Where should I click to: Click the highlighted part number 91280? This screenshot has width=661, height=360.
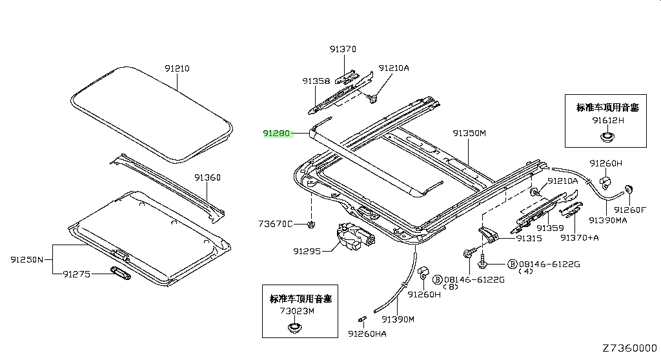click(276, 133)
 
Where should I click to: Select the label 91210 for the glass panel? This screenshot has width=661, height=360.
click(177, 68)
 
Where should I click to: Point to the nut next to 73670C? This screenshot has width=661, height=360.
click(311, 225)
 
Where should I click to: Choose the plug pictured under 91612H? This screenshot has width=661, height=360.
click(607, 137)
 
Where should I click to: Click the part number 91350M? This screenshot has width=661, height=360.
click(469, 133)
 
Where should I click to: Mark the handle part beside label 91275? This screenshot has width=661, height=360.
click(121, 272)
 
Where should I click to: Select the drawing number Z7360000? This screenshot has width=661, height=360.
click(629, 348)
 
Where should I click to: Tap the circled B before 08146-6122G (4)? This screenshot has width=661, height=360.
click(512, 265)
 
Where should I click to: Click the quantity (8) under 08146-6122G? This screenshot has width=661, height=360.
click(451, 287)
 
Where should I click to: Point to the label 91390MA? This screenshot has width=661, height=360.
click(608, 220)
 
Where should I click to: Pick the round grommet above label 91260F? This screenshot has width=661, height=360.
click(629, 189)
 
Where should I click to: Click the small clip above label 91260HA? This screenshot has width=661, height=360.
click(361, 319)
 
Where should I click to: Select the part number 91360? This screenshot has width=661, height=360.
click(207, 177)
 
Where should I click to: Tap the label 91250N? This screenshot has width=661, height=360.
click(27, 259)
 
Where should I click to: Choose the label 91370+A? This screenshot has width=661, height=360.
click(579, 238)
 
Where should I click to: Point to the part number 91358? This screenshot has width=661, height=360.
click(316, 81)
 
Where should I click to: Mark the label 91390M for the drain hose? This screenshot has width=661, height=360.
click(398, 319)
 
